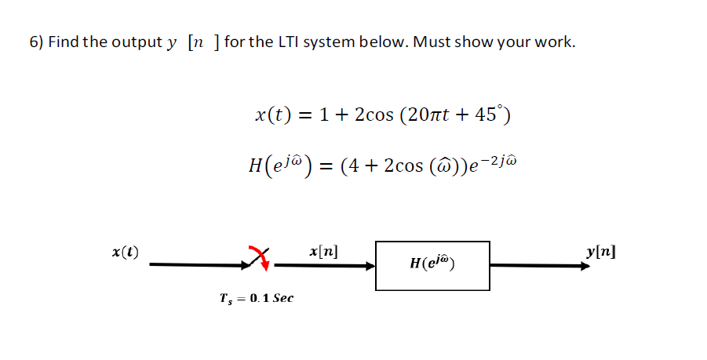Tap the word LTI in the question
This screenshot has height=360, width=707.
click(x=284, y=42)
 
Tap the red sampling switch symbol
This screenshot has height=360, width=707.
click(x=261, y=256)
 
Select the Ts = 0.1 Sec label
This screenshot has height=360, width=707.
click(x=257, y=298)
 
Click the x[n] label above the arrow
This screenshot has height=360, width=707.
click(x=324, y=253)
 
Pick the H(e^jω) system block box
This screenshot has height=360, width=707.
click(x=432, y=265)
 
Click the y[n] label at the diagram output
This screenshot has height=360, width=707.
click(x=601, y=253)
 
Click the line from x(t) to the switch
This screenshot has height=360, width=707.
click(x=200, y=265)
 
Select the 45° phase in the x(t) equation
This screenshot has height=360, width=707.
click(x=492, y=116)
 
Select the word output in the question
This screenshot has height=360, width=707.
click(x=134, y=42)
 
